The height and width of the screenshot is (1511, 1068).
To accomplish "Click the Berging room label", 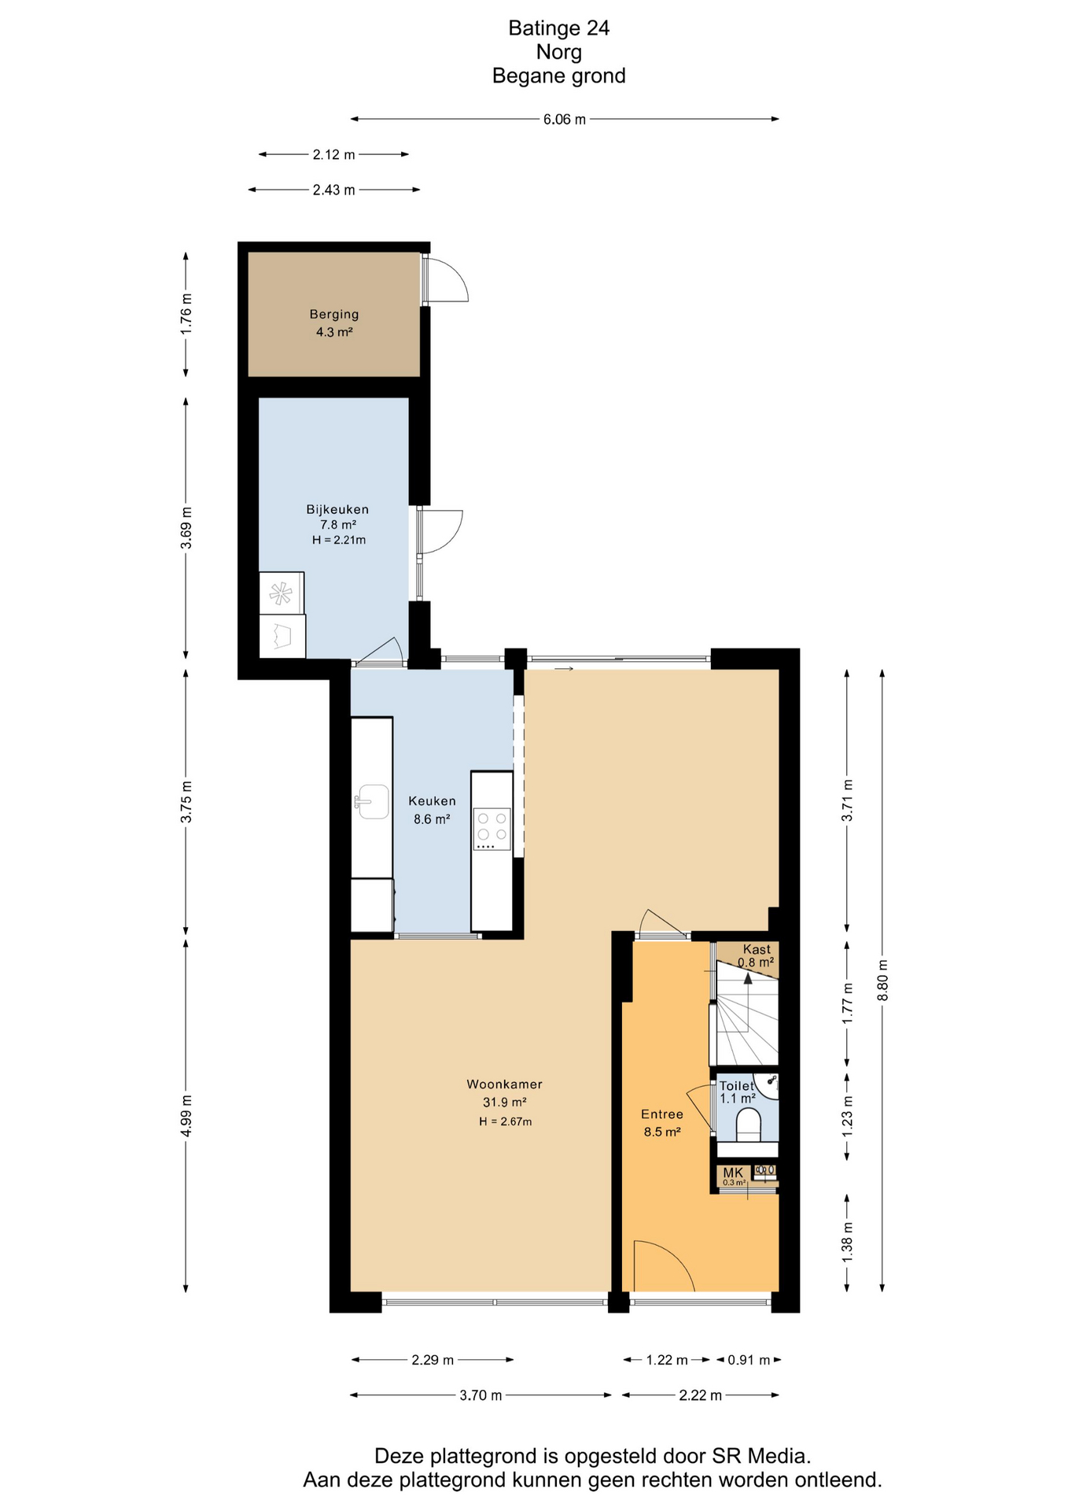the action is tap(333, 315).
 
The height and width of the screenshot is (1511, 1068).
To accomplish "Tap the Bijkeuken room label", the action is tap(337, 509).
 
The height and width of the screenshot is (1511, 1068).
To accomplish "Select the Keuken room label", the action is tap(432, 801).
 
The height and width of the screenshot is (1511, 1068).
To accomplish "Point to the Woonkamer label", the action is tap(504, 1084).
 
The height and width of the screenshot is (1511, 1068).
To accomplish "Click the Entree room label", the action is tap(662, 1114).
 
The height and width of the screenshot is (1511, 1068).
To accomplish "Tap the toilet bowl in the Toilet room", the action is tap(749, 1125).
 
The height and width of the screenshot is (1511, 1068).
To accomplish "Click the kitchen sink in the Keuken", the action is tap(372, 802).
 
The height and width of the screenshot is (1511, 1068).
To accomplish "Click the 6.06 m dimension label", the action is tap(565, 120).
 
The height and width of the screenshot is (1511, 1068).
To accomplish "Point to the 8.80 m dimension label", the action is tap(882, 981).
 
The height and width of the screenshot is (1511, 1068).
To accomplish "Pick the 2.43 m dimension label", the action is tap(334, 190).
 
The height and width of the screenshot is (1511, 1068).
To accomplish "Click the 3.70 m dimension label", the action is tap(481, 1395).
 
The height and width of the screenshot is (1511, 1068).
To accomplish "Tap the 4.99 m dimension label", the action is tap(186, 1116).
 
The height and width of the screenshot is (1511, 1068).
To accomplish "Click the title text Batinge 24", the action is tap(559, 28).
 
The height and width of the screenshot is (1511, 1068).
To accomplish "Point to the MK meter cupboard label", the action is tap(733, 1173).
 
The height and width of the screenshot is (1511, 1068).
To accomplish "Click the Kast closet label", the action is tap(757, 950).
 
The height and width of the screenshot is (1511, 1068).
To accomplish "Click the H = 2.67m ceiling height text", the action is tap(506, 1121).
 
